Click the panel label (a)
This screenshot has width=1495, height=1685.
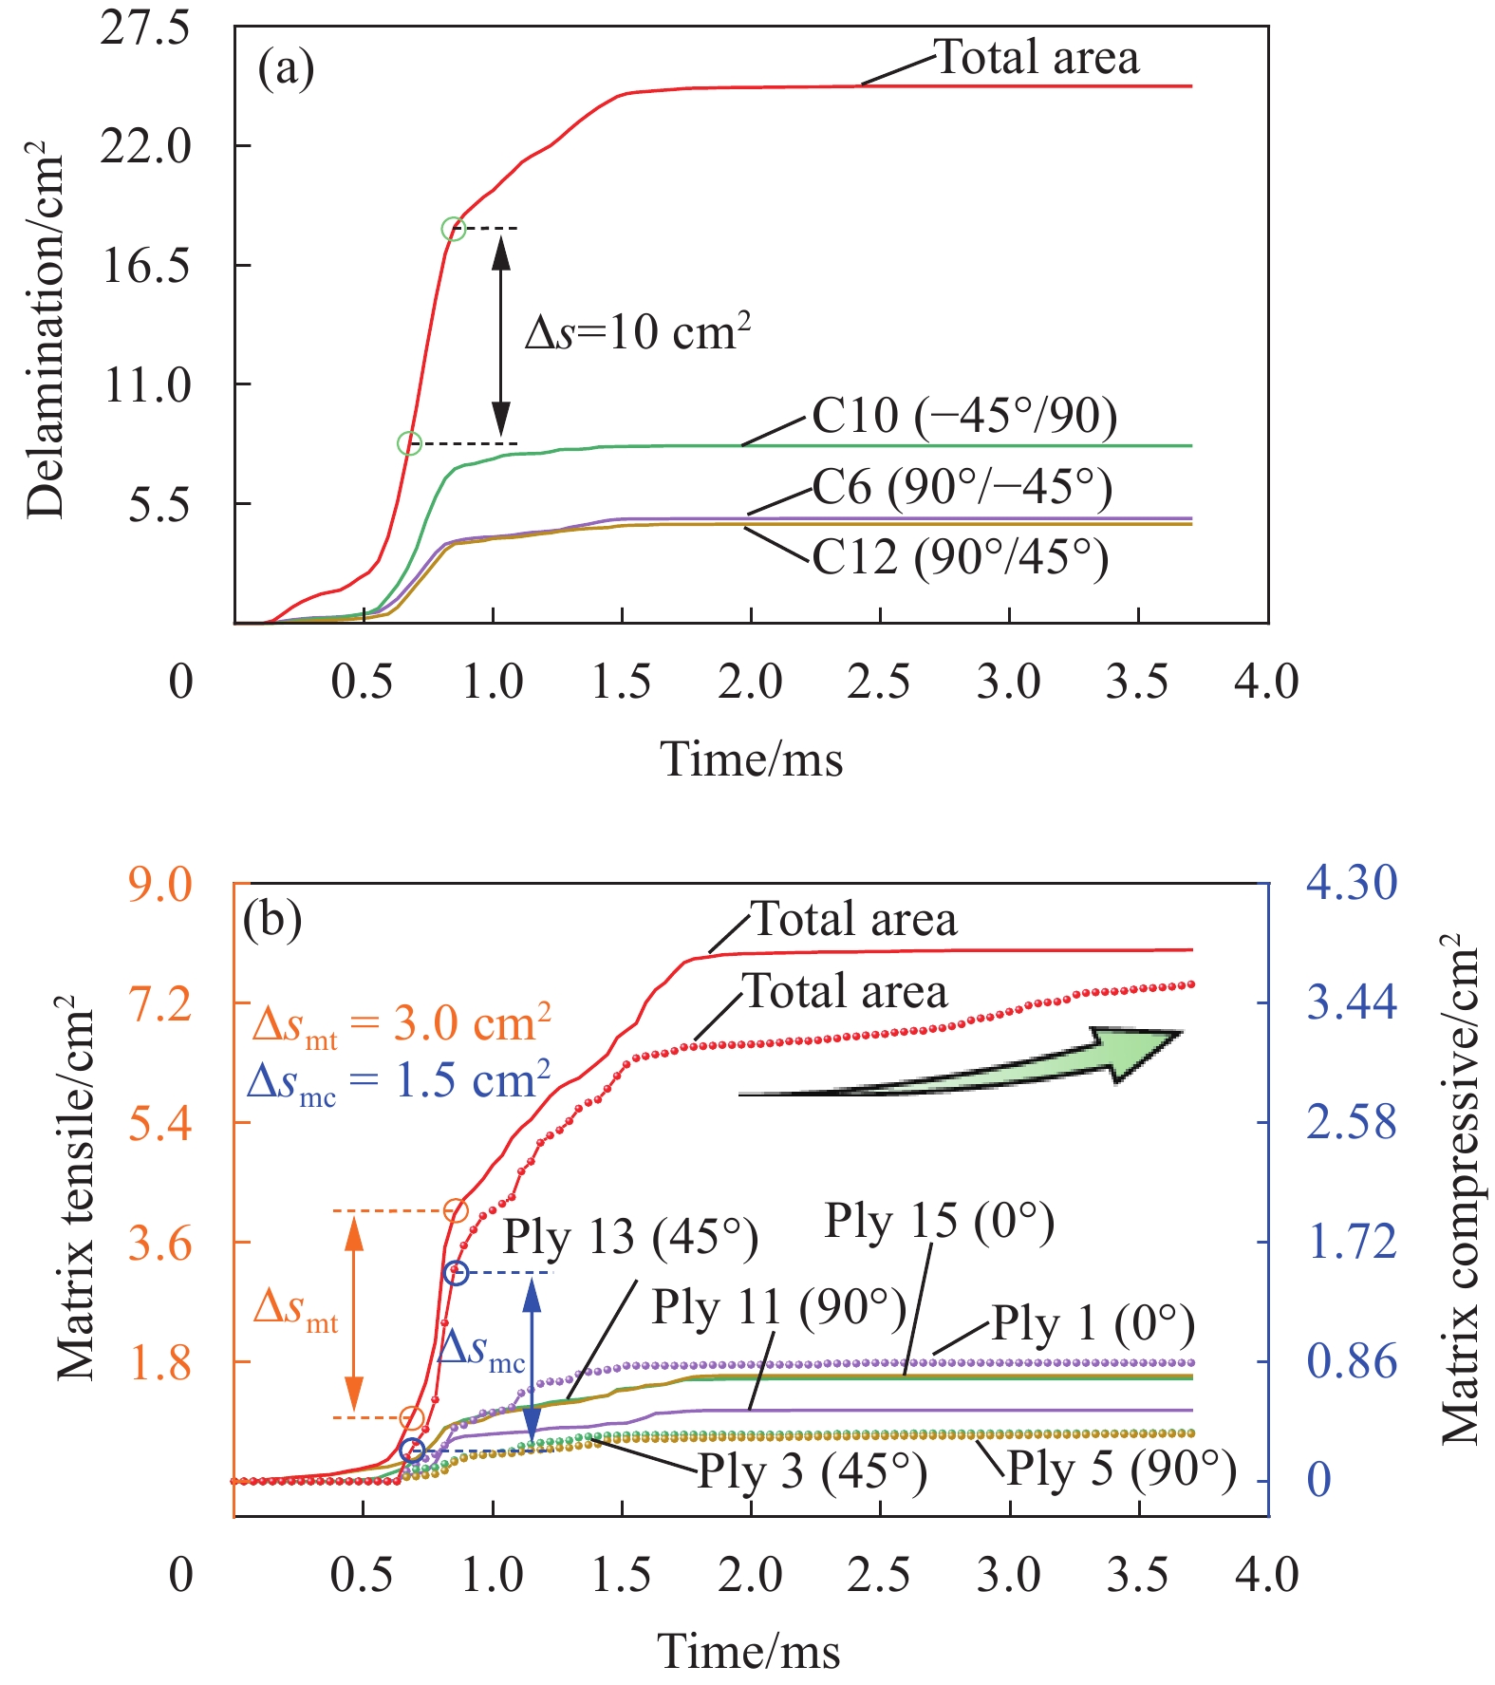click(x=286, y=69)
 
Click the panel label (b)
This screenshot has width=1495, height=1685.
click(x=272, y=919)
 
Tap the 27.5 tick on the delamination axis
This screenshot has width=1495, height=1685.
click(x=145, y=28)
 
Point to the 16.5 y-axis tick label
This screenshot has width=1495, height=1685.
click(x=145, y=266)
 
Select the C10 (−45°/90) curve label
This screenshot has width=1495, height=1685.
click(x=964, y=416)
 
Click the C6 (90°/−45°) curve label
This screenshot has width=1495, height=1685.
click(x=962, y=487)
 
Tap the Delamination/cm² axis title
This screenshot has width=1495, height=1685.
click(x=46, y=328)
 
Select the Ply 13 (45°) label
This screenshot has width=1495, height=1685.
click(x=630, y=1237)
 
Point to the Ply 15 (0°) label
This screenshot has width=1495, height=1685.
click(x=939, y=1221)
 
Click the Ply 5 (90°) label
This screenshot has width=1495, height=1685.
click(x=1121, y=1470)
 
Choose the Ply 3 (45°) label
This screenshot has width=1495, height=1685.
click(x=813, y=1471)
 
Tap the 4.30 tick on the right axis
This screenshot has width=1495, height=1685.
click(x=1352, y=883)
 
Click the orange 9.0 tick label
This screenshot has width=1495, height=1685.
click(x=160, y=885)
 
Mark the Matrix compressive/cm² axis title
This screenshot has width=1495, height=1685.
click(x=1460, y=1191)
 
